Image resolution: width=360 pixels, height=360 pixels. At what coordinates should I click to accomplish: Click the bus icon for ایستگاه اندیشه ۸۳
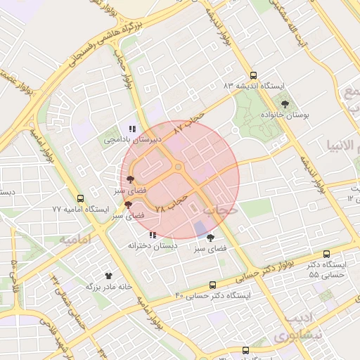pos(253,75)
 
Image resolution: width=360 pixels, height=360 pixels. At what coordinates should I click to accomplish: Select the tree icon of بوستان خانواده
pos(284,103)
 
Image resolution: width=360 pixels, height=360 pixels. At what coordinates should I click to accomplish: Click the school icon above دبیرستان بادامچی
pos(132,129)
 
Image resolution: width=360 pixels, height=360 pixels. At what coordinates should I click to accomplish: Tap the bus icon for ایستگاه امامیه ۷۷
pos(80,199)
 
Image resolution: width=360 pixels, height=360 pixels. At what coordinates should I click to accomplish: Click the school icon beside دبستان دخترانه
pos(153,235)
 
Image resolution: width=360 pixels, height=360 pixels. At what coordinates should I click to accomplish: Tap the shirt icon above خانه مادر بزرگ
pos(108,276)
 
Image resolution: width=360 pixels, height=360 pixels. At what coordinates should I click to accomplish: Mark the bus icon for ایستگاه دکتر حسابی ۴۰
pos(212,285)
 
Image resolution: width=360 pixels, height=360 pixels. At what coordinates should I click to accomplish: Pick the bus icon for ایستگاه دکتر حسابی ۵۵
pos(326,254)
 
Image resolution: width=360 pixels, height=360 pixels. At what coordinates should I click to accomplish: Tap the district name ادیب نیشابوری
pos(303,327)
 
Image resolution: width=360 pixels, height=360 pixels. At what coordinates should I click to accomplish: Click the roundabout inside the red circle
pos(179,167)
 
